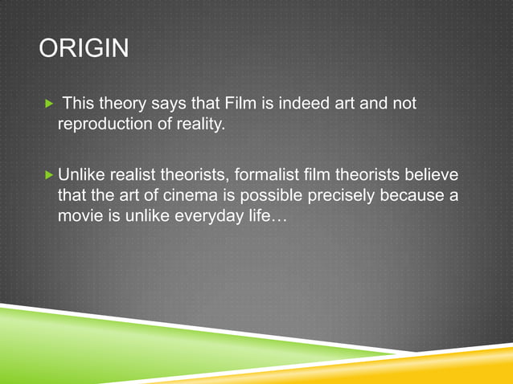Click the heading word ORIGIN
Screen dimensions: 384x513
click(84, 50)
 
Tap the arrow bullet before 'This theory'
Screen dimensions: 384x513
click(50, 104)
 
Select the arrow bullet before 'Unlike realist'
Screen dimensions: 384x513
click(50, 174)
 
